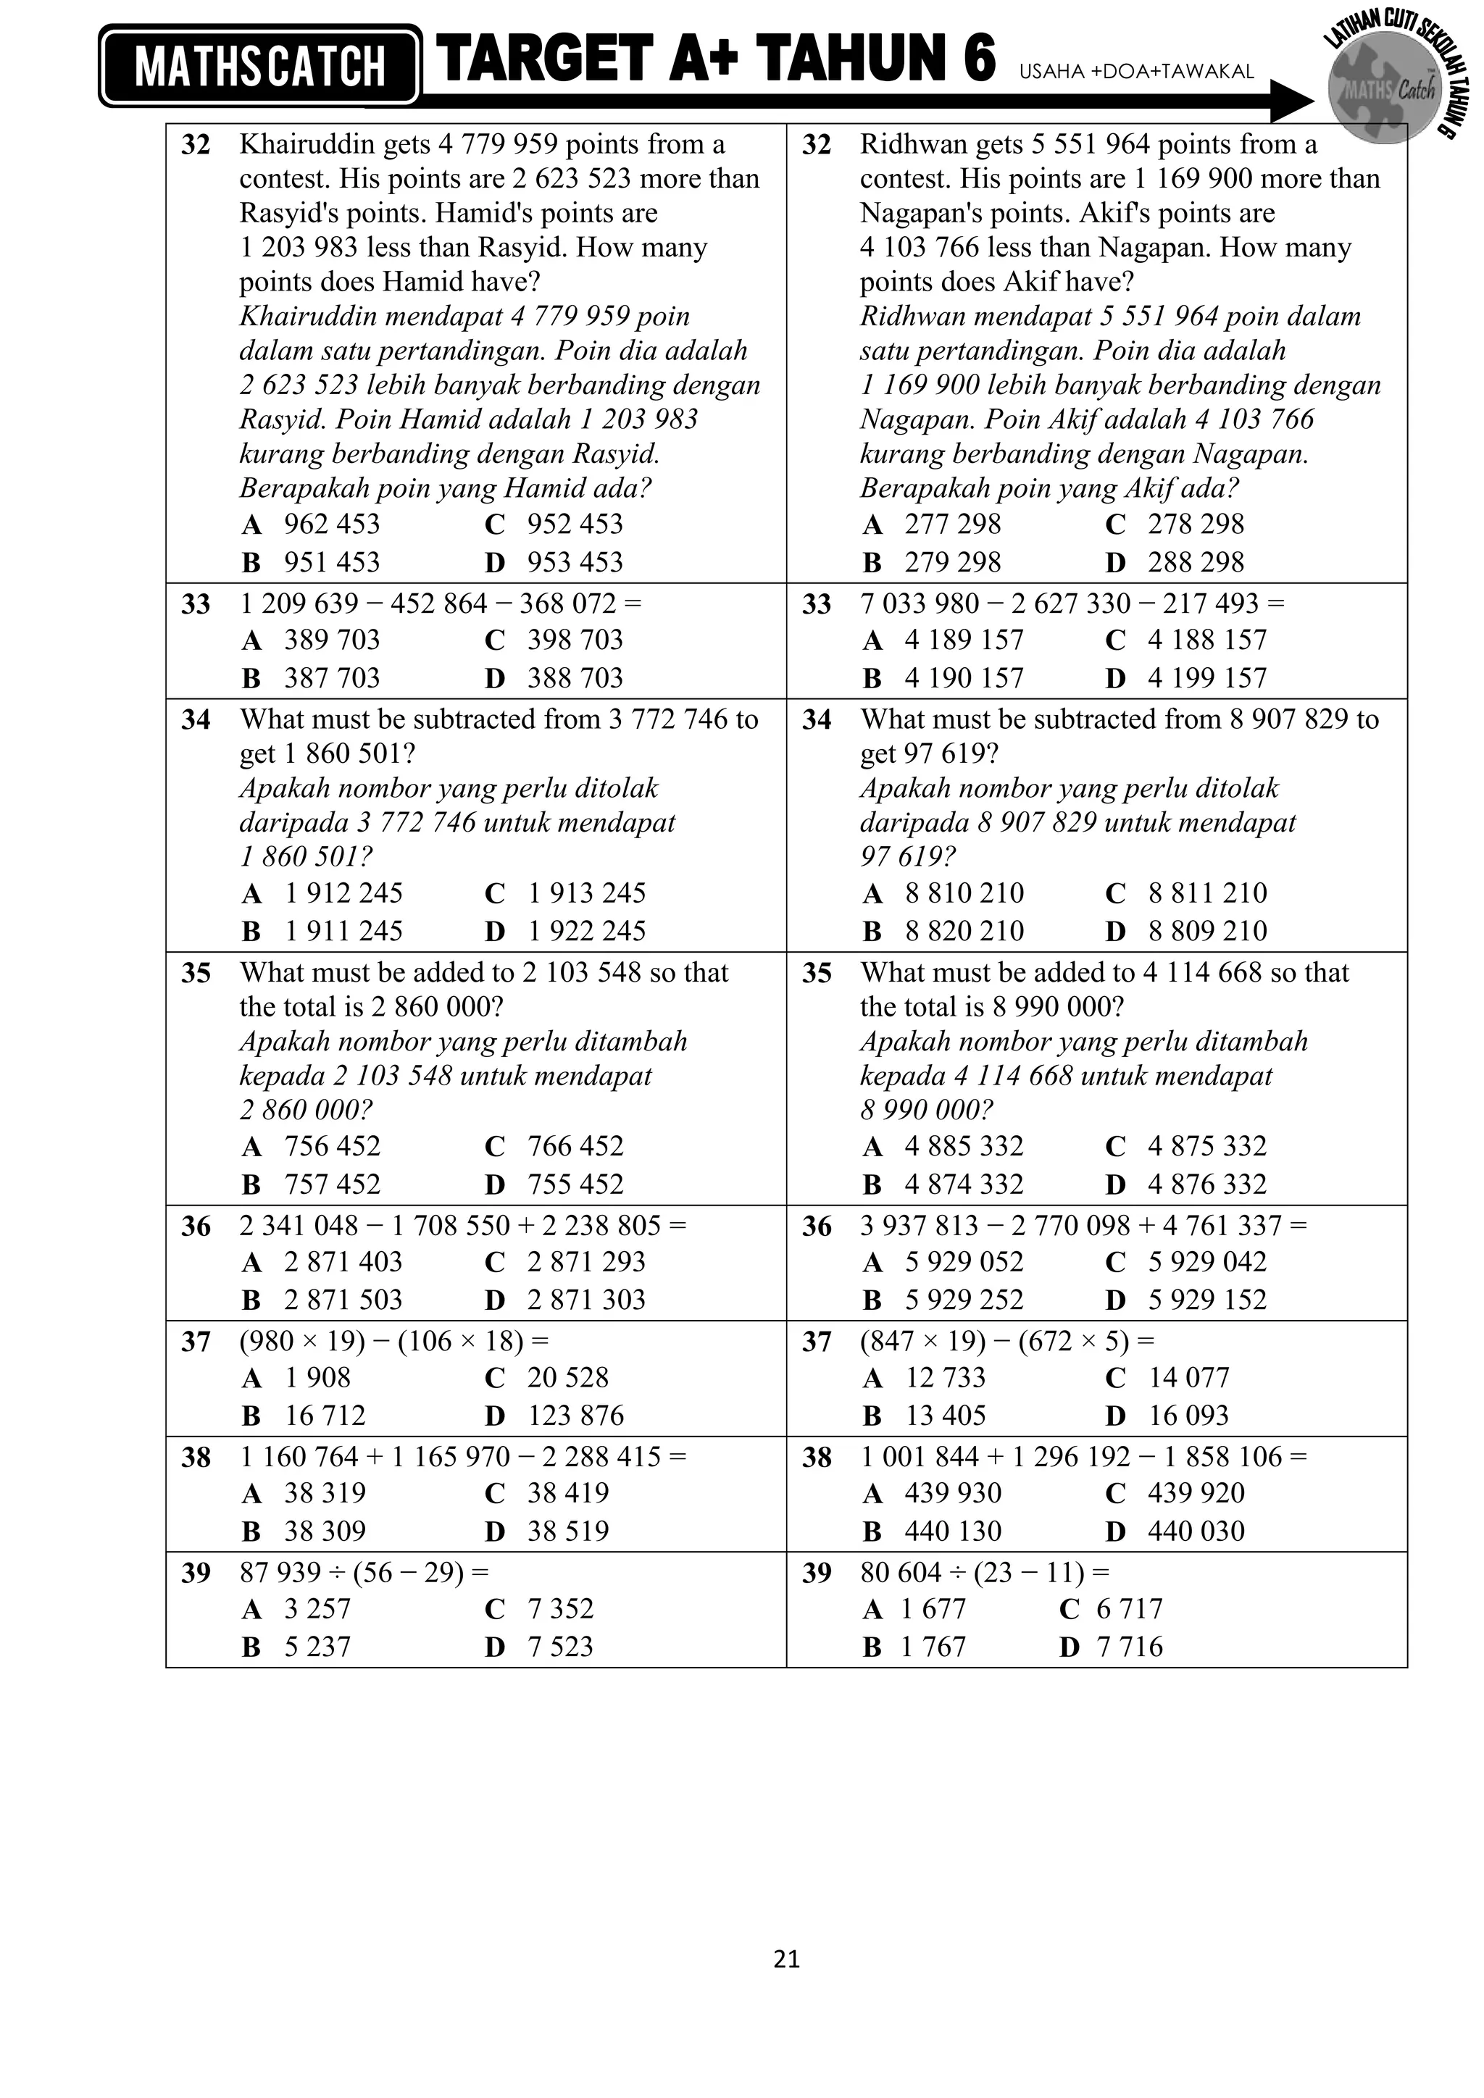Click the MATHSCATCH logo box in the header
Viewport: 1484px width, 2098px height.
[x=260, y=67]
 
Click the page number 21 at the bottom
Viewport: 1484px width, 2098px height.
[x=786, y=1958]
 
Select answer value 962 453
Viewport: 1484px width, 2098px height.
[x=332, y=524]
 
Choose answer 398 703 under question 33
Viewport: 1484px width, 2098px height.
[x=575, y=640]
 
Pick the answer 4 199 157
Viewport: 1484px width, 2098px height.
[x=1207, y=678]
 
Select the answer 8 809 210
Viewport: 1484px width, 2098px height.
[x=1207, y=931]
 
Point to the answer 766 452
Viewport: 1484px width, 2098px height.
[x=575, y=1146]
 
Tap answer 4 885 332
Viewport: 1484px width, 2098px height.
[x=964, y=1146]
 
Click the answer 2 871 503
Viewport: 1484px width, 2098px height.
[x=343, y=1300]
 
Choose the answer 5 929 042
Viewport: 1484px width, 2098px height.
[x=1207, y=1262]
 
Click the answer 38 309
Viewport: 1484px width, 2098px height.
[x=325, y=1531]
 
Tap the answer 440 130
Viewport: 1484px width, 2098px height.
[x=953, y=1531]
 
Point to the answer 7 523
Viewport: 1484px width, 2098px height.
[x=560, y=1647]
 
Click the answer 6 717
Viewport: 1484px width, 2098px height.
[x=1130, y=1608]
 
